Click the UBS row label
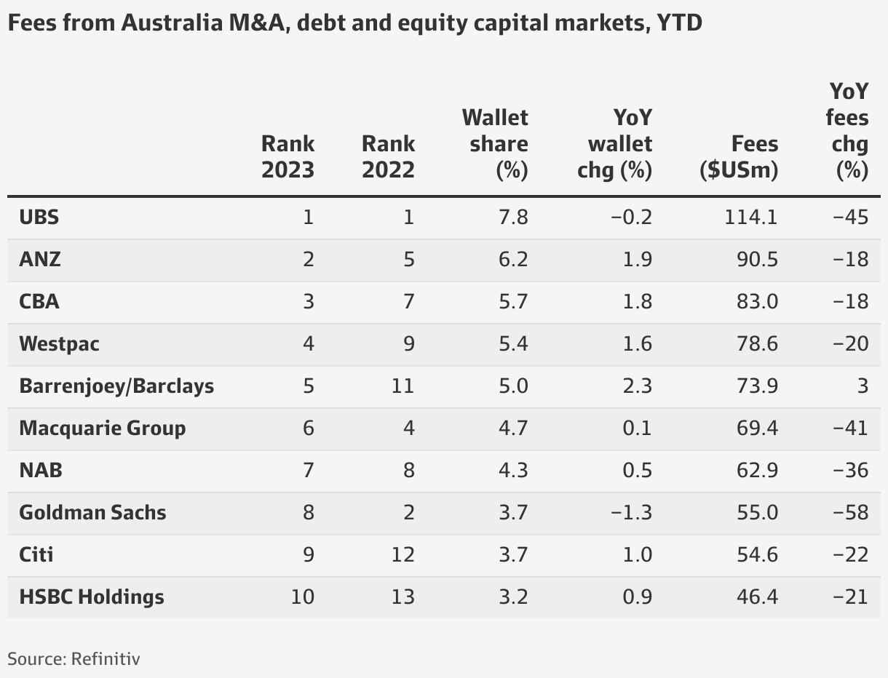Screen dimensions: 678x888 tap(39, 217)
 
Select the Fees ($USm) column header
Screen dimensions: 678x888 tap(739, 156)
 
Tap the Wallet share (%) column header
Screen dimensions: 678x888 tap(495, 143)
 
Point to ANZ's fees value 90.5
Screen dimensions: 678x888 tap(756, 259)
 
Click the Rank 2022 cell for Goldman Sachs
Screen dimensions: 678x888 tap(408, 512)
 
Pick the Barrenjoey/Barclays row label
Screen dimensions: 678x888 tap(116, 386)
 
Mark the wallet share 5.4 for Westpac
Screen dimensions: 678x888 tap(512, 343)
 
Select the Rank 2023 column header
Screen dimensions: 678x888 tap(288, 156)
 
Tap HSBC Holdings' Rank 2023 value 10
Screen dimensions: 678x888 tap(302, 597)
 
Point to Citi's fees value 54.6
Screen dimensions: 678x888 tap(756, 554)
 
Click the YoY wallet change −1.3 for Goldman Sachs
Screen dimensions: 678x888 tap(630, 512)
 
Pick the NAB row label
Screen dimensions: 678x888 tap(41, 470)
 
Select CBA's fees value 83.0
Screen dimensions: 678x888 tap(756, 301)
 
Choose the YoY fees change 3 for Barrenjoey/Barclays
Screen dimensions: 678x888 tap(862, 386)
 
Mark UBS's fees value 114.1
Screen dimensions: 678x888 tap(751, 217)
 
